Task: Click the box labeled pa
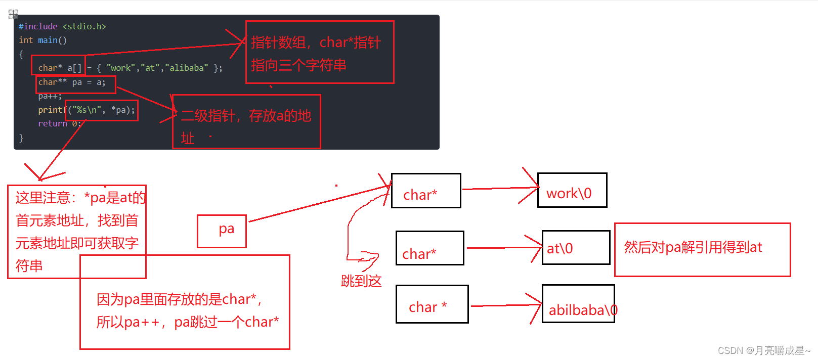222,231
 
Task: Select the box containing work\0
572,190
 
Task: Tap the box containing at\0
575,247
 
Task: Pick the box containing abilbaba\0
578,304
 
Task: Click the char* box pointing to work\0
425,191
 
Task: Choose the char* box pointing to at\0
429,248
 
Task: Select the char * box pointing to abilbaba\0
432,304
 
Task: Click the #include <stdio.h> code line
62,26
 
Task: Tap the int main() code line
42,40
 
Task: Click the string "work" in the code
121,68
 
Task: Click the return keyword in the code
53,123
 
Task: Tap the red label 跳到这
361,281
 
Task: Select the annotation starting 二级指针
246,122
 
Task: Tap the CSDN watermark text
763,350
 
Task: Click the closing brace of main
21,138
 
